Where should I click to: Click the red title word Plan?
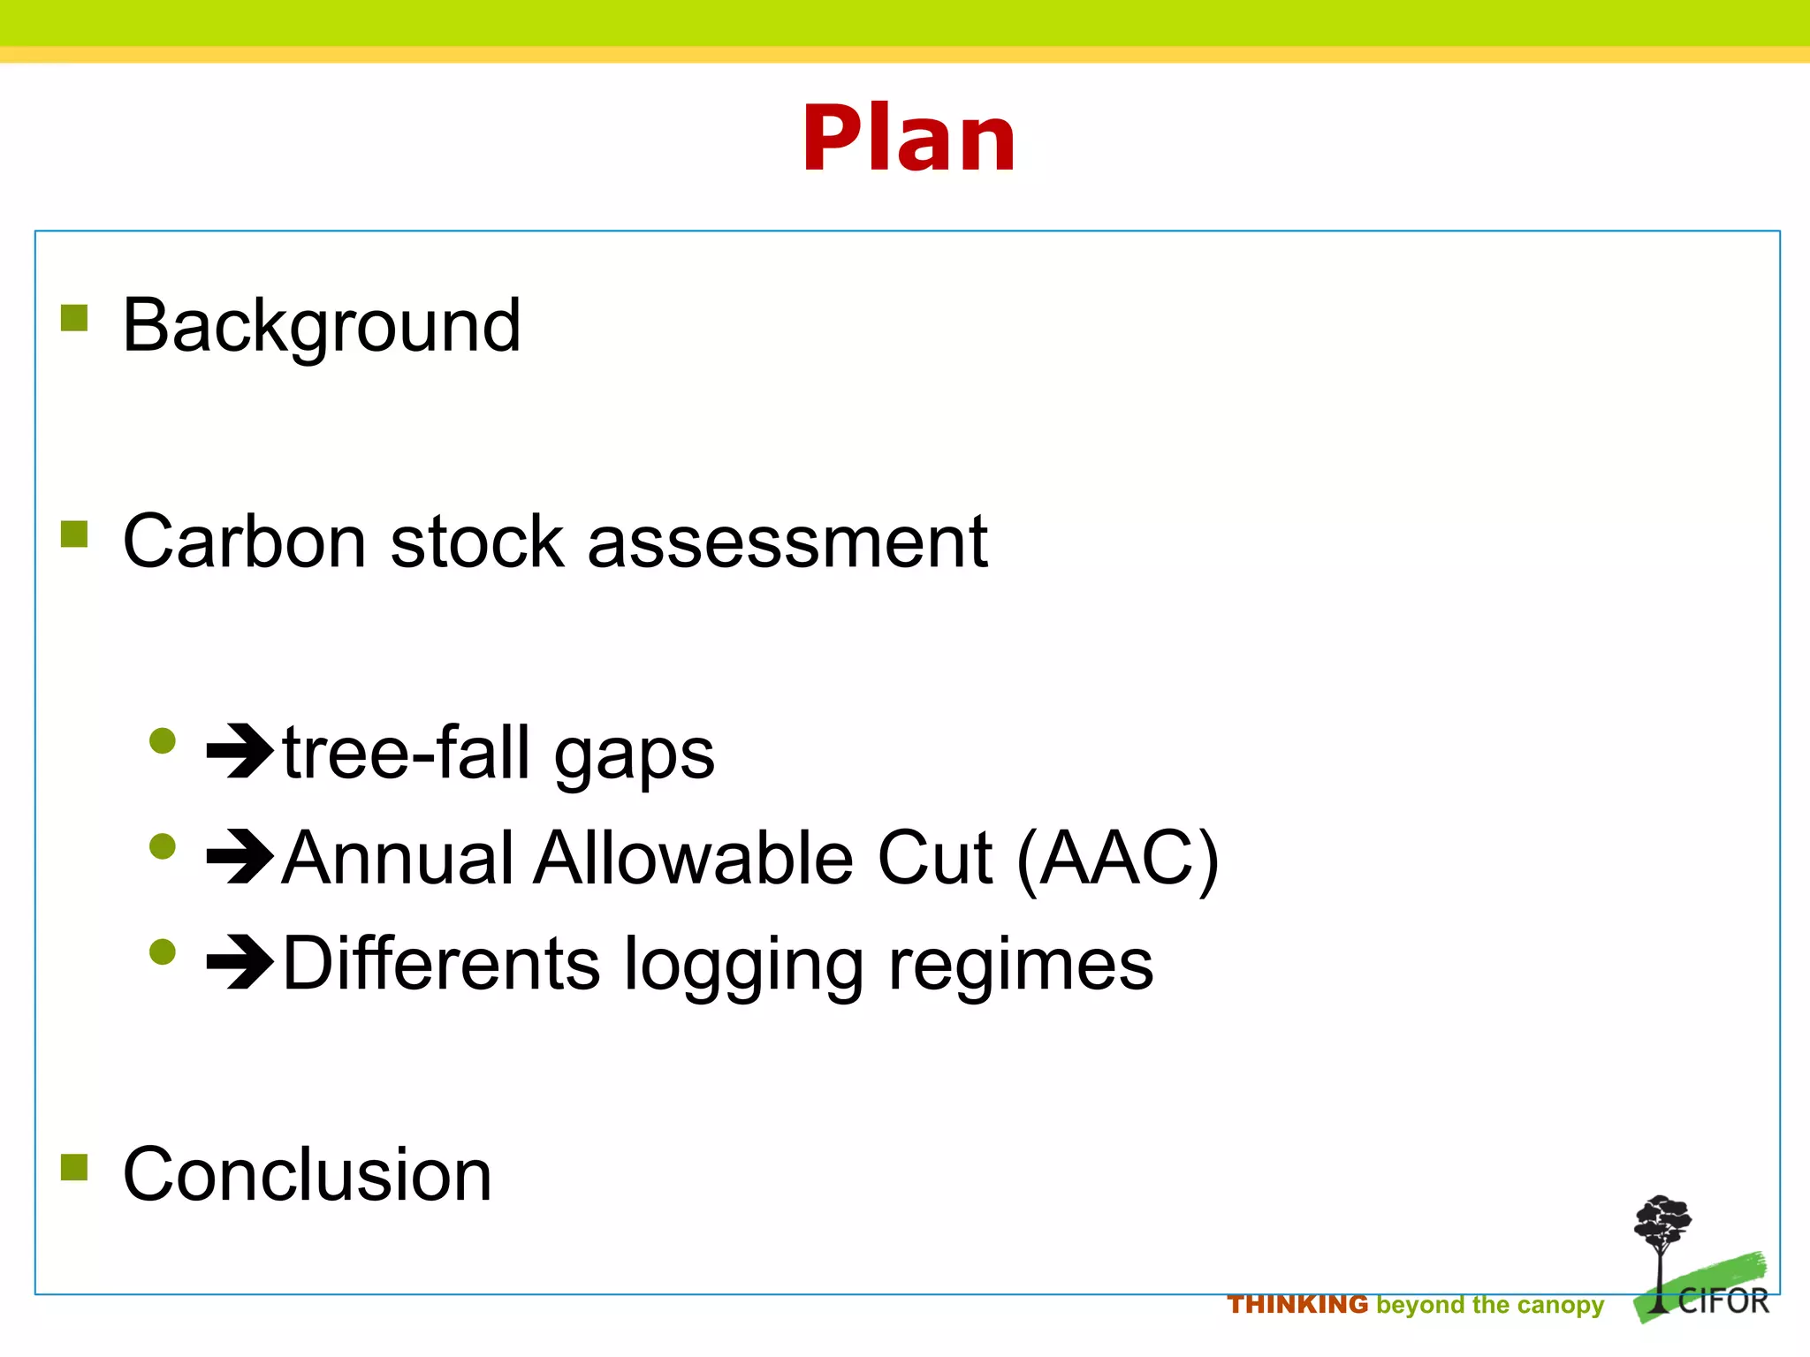pyautogui.click(x=909, y=139)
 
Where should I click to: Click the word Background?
pyautogui.click(x=322, y=325)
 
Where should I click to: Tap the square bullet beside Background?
pyautogui.click(x=74, y=318)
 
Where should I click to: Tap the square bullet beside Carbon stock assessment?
pyautogui.click(x=74, y=534)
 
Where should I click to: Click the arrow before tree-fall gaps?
pyautogui.click(x=240, y=751)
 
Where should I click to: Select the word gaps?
pyautogui.click(x=634, y=755)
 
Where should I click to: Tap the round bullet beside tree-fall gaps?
pyautogui.click(x=163, y=740)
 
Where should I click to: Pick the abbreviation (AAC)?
pyautogui.click(x=1117, y=859)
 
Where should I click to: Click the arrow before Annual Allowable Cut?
pyautogui.click(x=240, y=857)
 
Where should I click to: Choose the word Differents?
pyautogui.click(x=441, y=963)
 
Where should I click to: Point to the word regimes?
pyautogui.click(x=1021, y=965)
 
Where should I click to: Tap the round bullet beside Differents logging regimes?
pyautogui.click(x=163, y=951)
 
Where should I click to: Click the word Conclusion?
pyautogui.click(x=307, y=1174)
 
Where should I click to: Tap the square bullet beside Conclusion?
pyautogui.click(x=74, y=1167)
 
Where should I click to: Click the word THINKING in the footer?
pyautogui.click(x=1297, y=1305)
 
